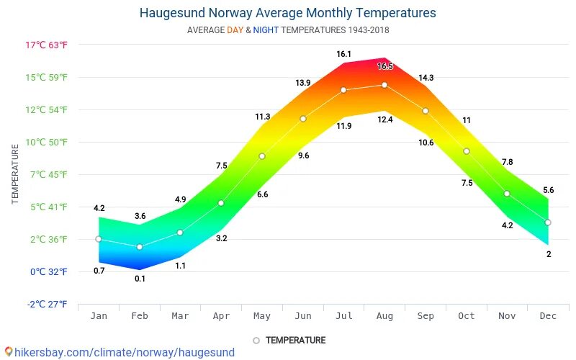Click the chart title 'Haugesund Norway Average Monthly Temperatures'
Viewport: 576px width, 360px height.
[287, 13]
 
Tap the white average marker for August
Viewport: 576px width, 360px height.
[384, 85]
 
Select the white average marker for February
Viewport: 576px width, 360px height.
[140, 247]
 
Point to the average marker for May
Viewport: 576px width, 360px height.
[262, 156]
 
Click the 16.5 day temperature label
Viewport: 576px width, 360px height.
[385, 66]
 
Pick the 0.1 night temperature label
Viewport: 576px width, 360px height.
[140, 279]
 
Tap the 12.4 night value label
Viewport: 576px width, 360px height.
[385, 120]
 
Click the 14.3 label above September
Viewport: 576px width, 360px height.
[426, 78]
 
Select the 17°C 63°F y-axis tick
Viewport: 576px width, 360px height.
[47, 45]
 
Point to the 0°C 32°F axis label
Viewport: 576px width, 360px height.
[48, 271]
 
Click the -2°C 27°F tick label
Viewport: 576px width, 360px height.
[48, 304]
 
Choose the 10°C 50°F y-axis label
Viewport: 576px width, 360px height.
[47, 142]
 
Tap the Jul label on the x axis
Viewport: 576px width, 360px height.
[344, 315]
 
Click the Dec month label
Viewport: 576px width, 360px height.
[549, 315]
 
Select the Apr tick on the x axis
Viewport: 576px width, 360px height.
[222, 315]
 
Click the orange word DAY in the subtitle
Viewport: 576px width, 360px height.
[235, 30]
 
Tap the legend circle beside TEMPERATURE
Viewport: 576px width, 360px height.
[256, 340]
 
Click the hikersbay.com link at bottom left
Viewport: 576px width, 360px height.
[119, 352]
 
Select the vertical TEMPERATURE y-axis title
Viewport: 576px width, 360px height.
[15, 174]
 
